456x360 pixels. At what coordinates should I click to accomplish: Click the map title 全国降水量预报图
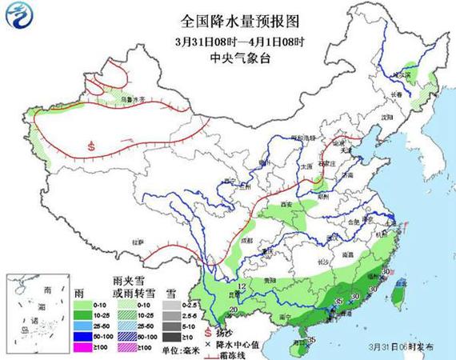click(228, 18)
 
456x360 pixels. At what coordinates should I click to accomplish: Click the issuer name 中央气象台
click(228, 58)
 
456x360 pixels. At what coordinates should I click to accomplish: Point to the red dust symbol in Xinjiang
click(93, 146)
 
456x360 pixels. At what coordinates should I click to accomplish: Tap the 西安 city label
click(286, 206)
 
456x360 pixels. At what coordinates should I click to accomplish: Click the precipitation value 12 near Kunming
click(241, 286)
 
